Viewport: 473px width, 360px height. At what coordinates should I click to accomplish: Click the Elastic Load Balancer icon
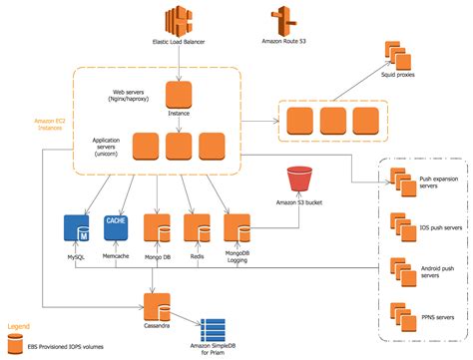[178, 21]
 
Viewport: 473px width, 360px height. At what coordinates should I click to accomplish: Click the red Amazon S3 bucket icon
[301, 180]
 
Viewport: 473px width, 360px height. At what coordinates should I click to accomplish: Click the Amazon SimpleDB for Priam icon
[217, 330]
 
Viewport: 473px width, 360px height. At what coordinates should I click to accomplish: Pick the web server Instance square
[178, 96]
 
